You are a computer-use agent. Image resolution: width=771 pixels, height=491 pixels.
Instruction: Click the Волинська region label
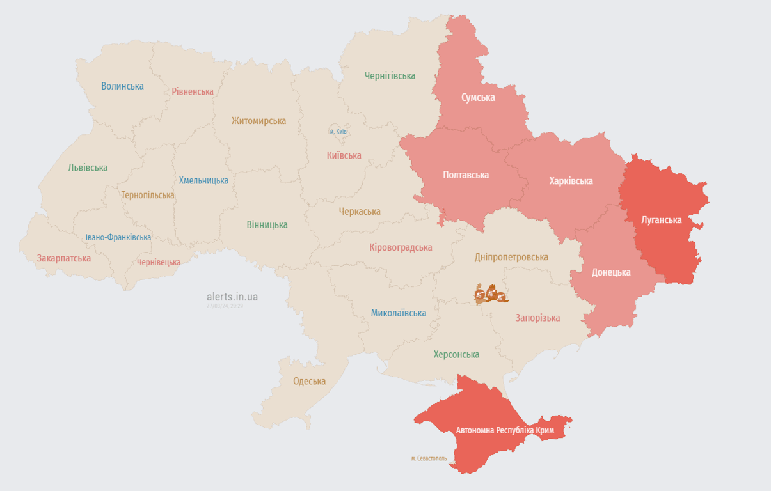point(122,86)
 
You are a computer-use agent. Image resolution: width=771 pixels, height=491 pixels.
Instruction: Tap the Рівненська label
point(193,91)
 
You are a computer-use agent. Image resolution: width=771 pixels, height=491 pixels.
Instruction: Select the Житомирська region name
point(258,121)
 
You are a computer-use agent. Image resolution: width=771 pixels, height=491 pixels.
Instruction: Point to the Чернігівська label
point(390,76)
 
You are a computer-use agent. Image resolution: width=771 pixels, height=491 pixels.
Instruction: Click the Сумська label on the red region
point(478,98)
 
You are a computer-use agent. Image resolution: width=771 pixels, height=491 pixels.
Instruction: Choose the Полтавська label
point(466,175)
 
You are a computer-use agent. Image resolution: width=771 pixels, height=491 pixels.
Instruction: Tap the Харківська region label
point(571,181)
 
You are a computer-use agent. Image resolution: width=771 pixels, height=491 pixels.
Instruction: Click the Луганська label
point(662,220)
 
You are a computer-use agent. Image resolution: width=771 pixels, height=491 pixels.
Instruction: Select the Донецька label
point(611,272)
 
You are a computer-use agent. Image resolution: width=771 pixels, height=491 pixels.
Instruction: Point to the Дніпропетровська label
point(511,257)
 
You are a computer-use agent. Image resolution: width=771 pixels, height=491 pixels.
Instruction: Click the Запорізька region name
point(537,318)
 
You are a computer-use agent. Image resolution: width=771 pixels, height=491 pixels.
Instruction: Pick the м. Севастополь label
point(429,458)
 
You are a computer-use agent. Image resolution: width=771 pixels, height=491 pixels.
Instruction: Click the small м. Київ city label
point(338,132)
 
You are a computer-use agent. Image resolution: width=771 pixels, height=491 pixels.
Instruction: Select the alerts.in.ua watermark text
point(232,297)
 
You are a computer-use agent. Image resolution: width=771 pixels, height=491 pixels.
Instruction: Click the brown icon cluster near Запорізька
point(491,294)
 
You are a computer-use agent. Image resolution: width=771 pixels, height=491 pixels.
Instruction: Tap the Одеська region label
point(309,381)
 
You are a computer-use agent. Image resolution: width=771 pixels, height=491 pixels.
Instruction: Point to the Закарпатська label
point(64,258)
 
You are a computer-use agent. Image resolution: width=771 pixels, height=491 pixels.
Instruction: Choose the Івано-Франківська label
point(118,237)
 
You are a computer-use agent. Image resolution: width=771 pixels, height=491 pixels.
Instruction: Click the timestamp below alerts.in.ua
point(225,306)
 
